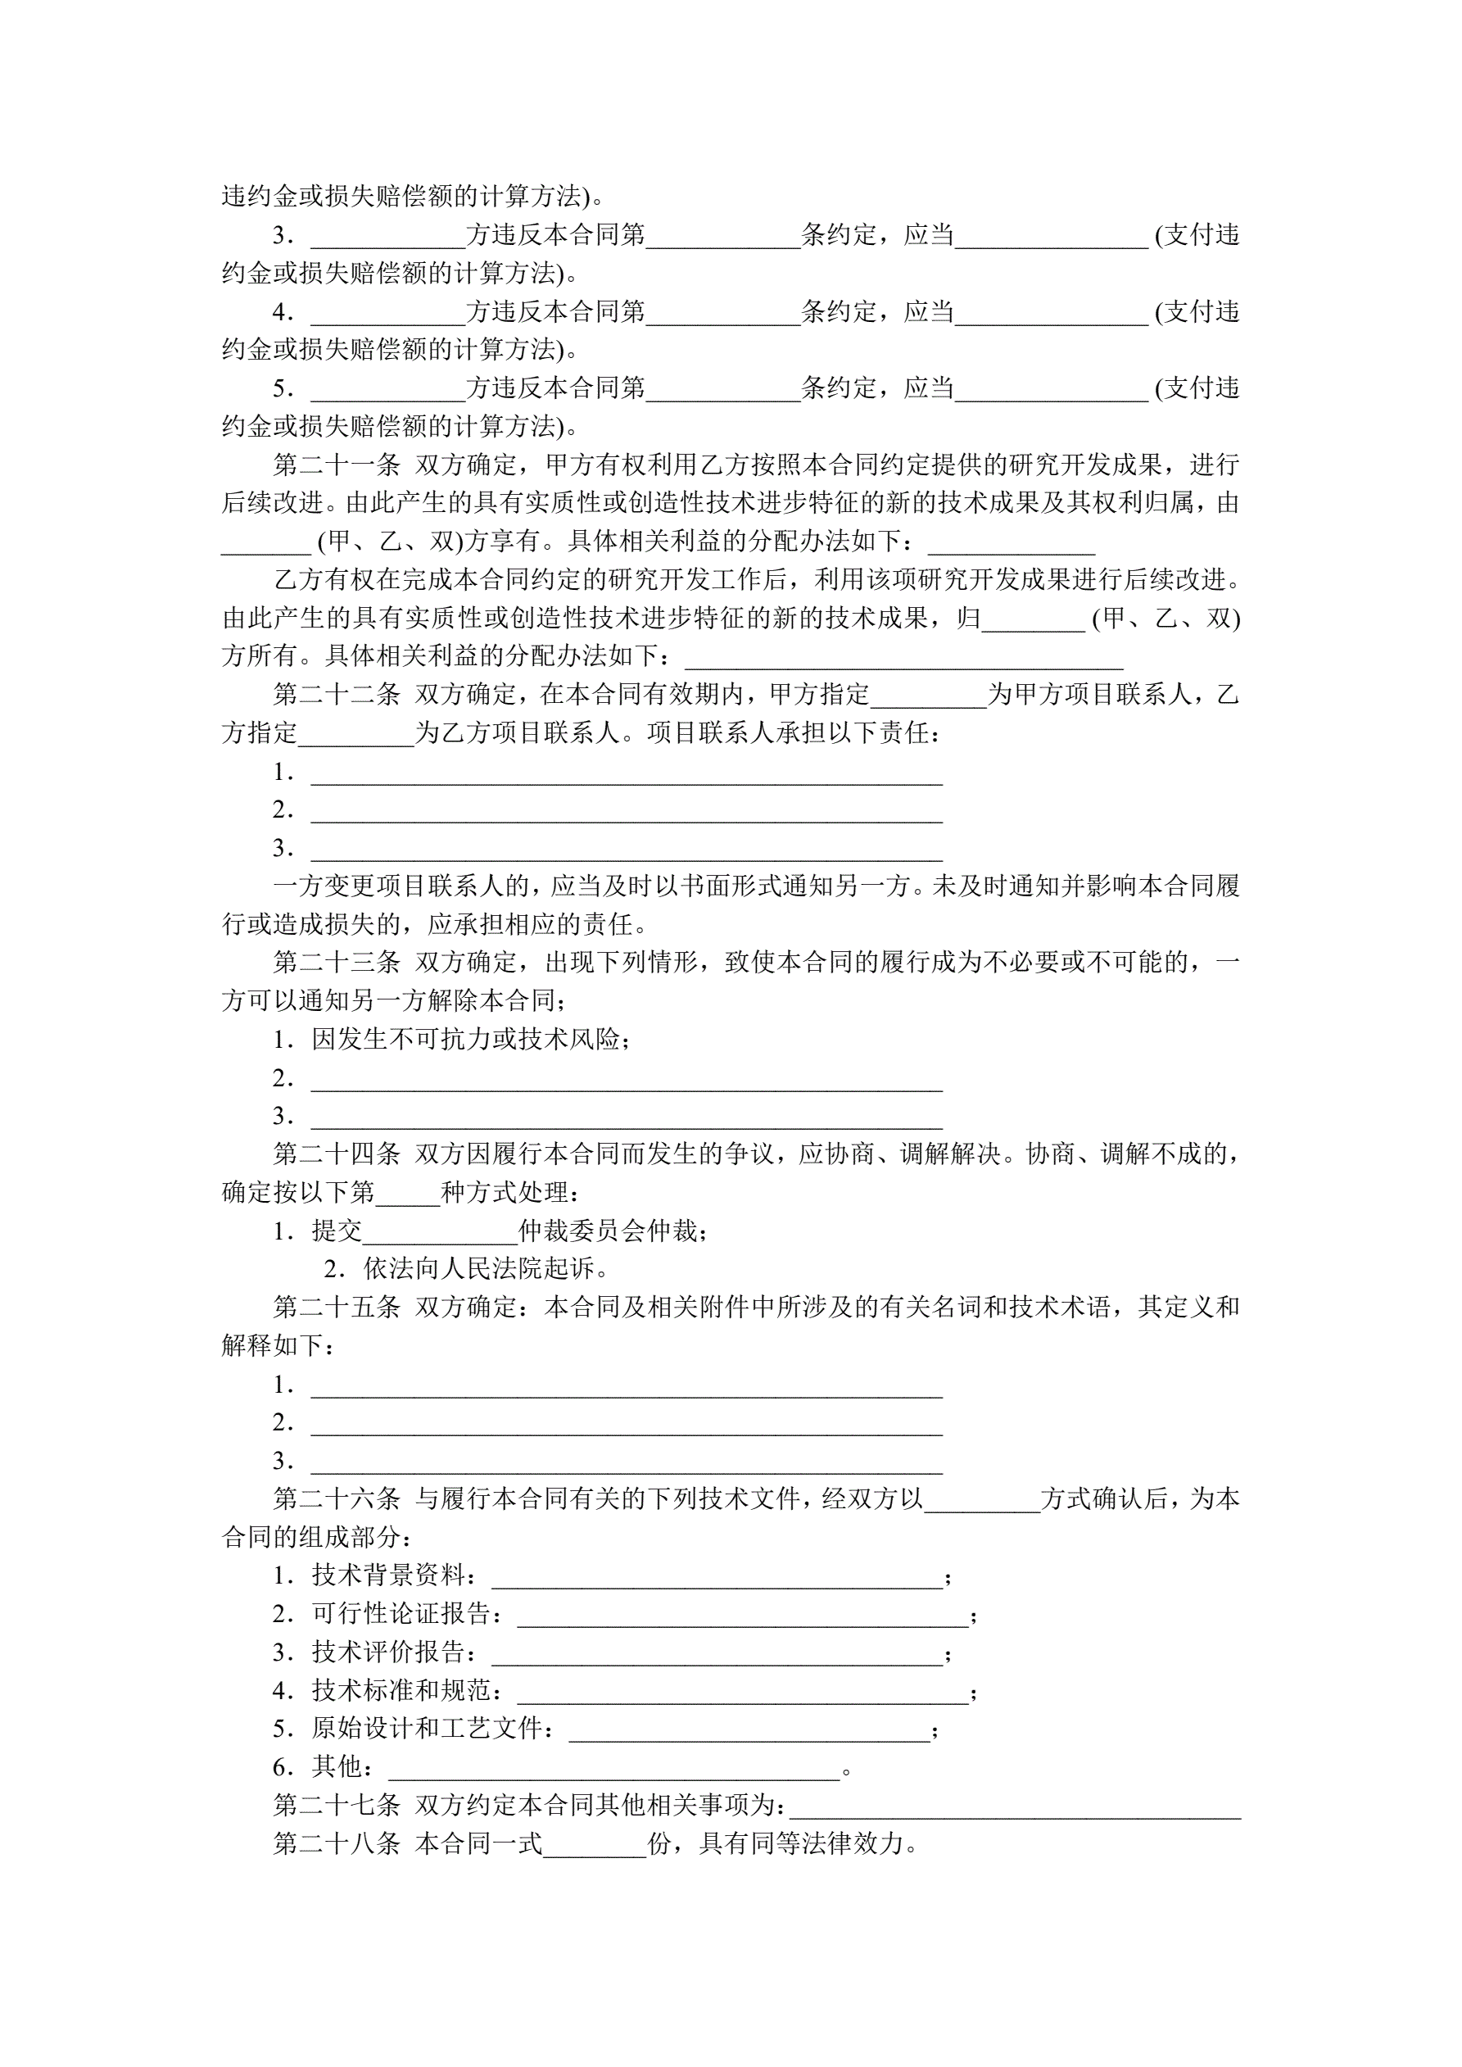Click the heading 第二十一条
337,465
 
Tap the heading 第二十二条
337,694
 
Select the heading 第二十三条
337,963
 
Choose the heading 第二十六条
337,1498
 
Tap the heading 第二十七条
337,1805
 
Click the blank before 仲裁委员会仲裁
439,1231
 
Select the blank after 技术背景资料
717,1577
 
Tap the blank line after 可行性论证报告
743,1615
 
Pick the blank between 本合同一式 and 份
595,1846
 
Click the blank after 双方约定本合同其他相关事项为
1015,1806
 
